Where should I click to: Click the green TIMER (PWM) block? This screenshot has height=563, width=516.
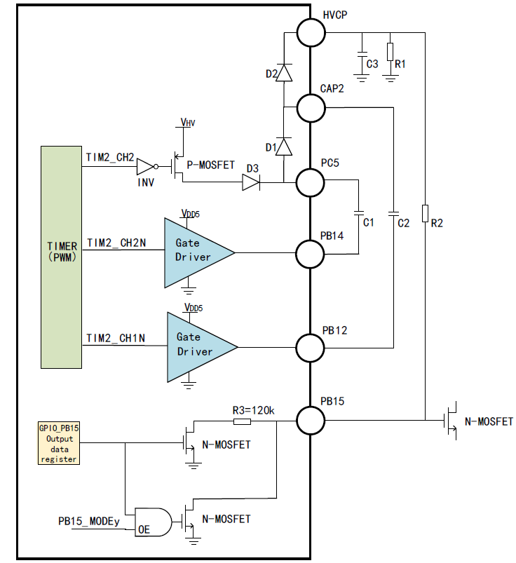click(62, 257)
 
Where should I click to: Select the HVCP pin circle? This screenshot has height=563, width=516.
click(311, 33)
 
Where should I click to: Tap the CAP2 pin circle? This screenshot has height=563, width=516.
click(311, 108)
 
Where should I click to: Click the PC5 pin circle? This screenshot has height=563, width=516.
click(311, 183)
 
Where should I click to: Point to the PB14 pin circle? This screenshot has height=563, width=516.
click(311, 255)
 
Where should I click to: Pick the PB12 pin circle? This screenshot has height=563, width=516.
click(311, 348)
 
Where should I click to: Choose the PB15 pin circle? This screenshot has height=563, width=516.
click(311, 421)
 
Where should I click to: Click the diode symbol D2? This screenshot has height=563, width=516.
click(284, 72)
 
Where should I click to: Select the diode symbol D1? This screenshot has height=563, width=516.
click(284, 147)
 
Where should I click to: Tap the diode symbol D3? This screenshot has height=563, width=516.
click(252, 182)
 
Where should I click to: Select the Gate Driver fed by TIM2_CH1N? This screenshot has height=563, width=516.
click(202, 347)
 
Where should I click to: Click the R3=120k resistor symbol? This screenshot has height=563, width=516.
click(242, 421)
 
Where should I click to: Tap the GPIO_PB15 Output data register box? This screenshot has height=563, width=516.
click(59, 443)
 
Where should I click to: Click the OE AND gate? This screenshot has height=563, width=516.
click(154, 522)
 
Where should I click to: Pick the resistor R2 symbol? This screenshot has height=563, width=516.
click(425, 213)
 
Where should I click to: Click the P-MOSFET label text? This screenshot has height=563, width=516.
click(210, 165)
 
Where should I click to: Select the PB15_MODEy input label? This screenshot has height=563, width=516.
click(89, 522)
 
